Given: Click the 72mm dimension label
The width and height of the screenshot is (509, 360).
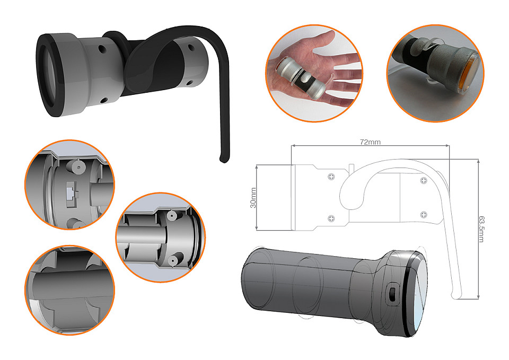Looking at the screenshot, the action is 370,142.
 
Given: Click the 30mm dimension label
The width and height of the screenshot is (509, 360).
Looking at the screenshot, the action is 253,198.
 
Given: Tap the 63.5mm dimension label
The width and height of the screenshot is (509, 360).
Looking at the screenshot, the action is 481,229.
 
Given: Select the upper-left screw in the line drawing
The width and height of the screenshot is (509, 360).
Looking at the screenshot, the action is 331,177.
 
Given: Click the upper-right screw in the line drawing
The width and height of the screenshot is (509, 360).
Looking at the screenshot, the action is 424,180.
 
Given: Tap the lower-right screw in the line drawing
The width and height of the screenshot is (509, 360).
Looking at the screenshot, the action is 424,214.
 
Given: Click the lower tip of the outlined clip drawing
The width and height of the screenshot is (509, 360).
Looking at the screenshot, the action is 457,296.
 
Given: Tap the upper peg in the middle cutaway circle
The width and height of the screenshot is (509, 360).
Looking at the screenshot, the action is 171,215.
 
